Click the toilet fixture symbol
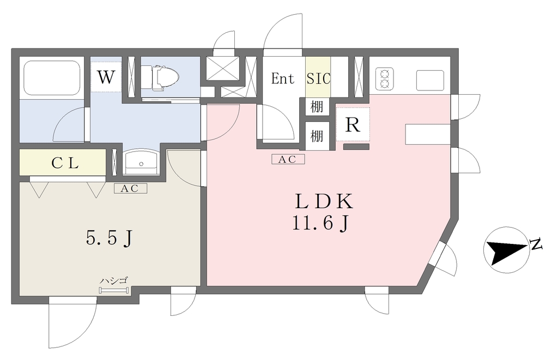[x=160, y=77]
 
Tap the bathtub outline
[x=52, y=78]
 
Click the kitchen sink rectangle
[x=430, y=81]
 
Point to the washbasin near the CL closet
[x=141, y=162]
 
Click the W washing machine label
[x=106, y=77]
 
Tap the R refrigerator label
[x=353, y=125]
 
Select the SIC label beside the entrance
[x=318, y=78]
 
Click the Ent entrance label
[x=283, y=78]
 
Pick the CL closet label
[x=65, y=163]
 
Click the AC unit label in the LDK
[x=288, y=160]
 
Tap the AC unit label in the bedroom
[x=130, y=188]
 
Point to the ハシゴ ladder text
[x=114, y=280]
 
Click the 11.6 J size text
[x=320, y=224]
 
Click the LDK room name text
[x=324, y=202]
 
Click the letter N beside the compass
[x=536, y=244]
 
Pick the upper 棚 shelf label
[x=317, y=107]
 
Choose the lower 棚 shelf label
[x=317, y=136]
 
